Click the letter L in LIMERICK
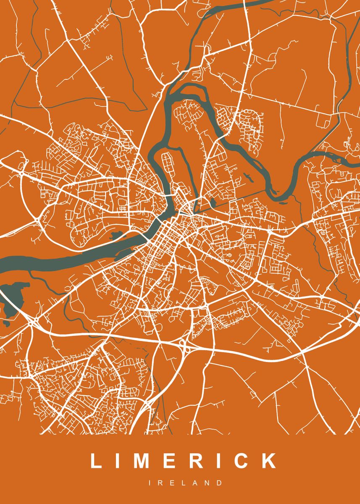point(96,461)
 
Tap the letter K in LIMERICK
point(269,461)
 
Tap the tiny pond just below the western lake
point(6,324)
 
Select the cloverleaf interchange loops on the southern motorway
point(184,345)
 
